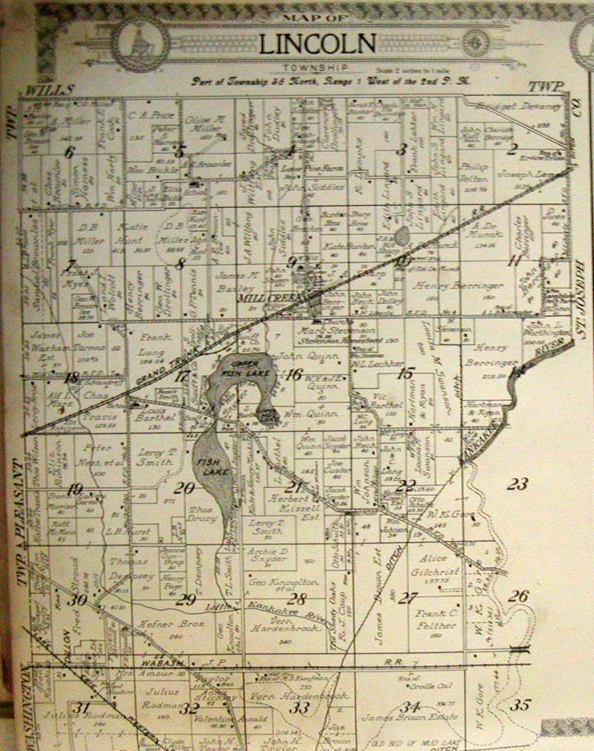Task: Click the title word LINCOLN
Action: point(317,44)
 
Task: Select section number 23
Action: point(517,483)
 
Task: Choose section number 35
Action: point(519,705)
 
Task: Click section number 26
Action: point(518,596)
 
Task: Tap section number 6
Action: point(69,151)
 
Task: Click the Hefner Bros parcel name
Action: point(162,624)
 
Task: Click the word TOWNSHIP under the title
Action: point(317,68)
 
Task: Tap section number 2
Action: point(512,149)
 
